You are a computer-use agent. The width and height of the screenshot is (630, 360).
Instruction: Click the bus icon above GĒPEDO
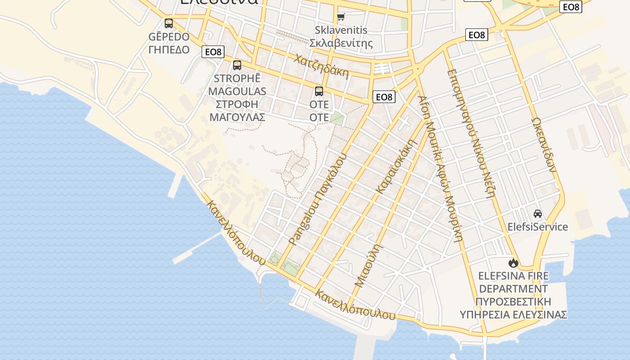(x=169, y=23)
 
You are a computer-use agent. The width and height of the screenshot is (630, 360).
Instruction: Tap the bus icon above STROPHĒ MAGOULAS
(x=237, y=65)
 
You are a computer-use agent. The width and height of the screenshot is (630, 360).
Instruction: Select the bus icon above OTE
(x=319, y=91)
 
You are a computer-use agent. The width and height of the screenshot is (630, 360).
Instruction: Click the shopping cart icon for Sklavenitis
(x=341, y=17)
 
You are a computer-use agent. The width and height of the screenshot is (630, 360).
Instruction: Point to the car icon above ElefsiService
(x=538, y=213)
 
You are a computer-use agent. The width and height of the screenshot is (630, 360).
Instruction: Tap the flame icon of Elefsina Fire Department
(x=513, y=262)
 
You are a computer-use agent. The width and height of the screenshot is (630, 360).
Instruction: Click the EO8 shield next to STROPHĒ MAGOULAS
(x=213, y=52)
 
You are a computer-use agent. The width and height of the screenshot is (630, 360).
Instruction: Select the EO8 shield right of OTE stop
(x=384, y=97)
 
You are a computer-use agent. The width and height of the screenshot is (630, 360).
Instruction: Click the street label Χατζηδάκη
(x=322, y=67)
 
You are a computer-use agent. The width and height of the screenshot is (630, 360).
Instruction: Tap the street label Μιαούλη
(x=367, y=265)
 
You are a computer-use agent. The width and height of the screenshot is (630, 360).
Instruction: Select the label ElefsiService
(x=538, y=226)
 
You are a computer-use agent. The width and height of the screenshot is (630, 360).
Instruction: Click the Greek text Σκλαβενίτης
(x=341, y=43)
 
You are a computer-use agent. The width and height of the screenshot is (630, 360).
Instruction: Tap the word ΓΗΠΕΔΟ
(x=169, y=49)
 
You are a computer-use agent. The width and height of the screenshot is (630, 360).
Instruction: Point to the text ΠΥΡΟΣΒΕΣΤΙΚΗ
(x=513, y=301)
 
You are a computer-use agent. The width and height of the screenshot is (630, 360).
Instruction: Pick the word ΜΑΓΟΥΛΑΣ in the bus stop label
(x=237, y=117)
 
